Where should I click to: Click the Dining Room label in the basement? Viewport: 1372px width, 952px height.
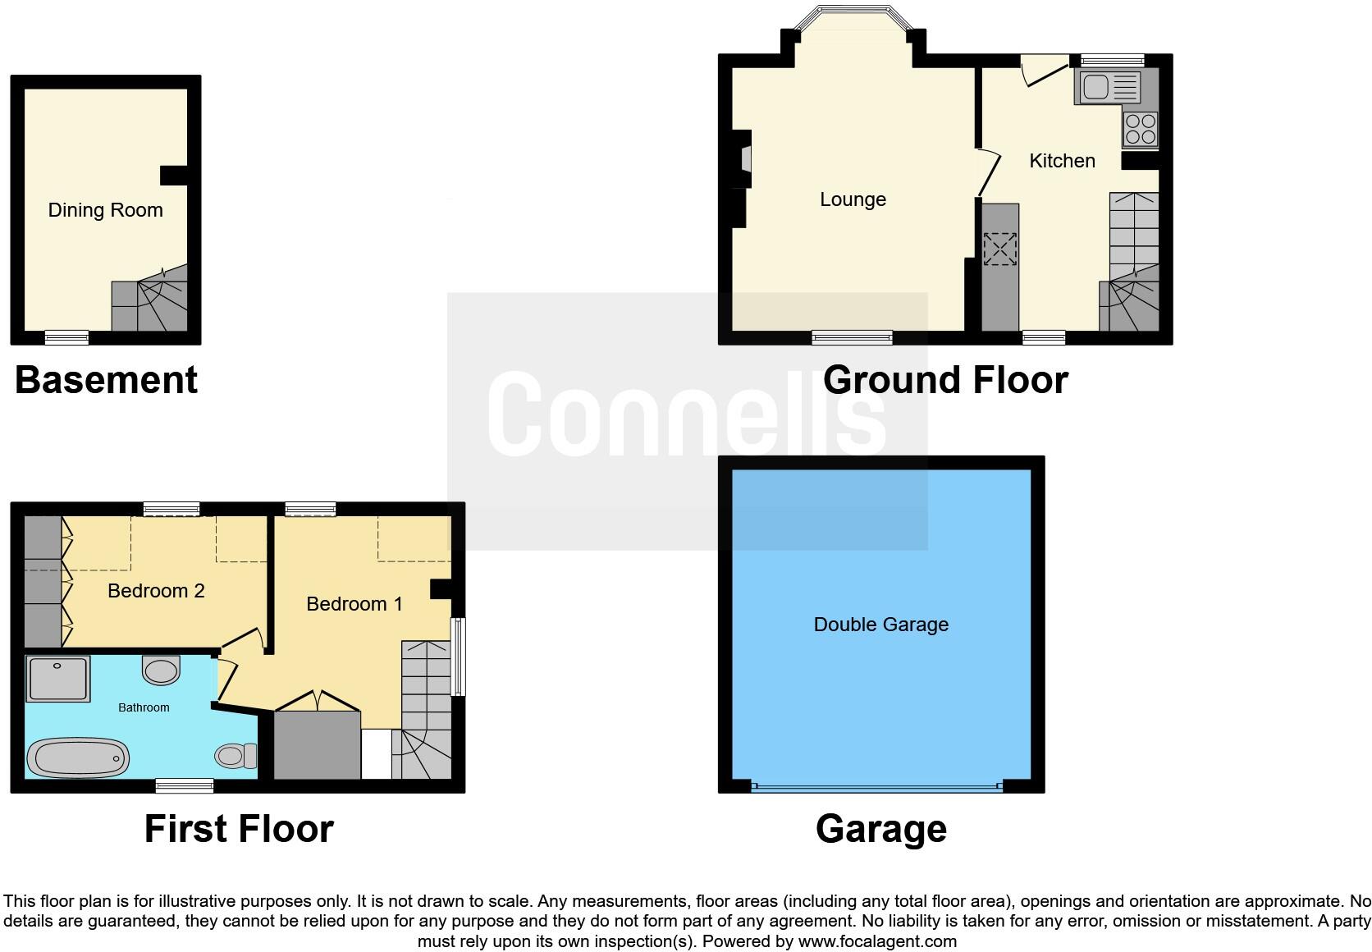pyautogui.click(x=105, y=210)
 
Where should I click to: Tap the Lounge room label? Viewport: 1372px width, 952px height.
pyautogui.click(x=853, y=199)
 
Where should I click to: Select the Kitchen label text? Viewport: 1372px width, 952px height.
pyautogui.click(x=1062, y=161)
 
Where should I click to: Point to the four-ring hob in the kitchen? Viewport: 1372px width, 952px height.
pyautogui.click(x=1141, y=130)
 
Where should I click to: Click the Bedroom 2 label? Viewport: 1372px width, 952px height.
pyautogui.click(x=156, y=591)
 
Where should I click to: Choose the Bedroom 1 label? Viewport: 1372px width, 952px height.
pyautogui.click(x=354, y=604)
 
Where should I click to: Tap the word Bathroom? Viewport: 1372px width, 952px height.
pyautogui.click(x=144, y=707)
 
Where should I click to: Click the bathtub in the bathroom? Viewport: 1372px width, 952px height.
pyautogui.click(x=79, y=757)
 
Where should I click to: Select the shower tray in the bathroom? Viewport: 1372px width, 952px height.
pyautogui.click(x=57, y=679)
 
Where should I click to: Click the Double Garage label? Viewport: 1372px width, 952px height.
pyautogui.click(x=880, y=625)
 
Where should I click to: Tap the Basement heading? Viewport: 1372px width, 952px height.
pyautogui.click(x=106, y=380)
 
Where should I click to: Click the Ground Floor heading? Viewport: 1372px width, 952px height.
pyautogui.click(x=945, y=380)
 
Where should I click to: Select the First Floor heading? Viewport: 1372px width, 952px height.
pyautogui.click(x=239, y=829)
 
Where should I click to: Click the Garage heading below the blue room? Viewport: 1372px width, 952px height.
pyautogui.click(x=880, y=829)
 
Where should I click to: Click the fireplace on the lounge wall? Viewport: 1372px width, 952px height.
pyautogui.click(x=745, y=158)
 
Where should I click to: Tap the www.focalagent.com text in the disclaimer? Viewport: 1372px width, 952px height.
pyautogui.click(x=877, y=941)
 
